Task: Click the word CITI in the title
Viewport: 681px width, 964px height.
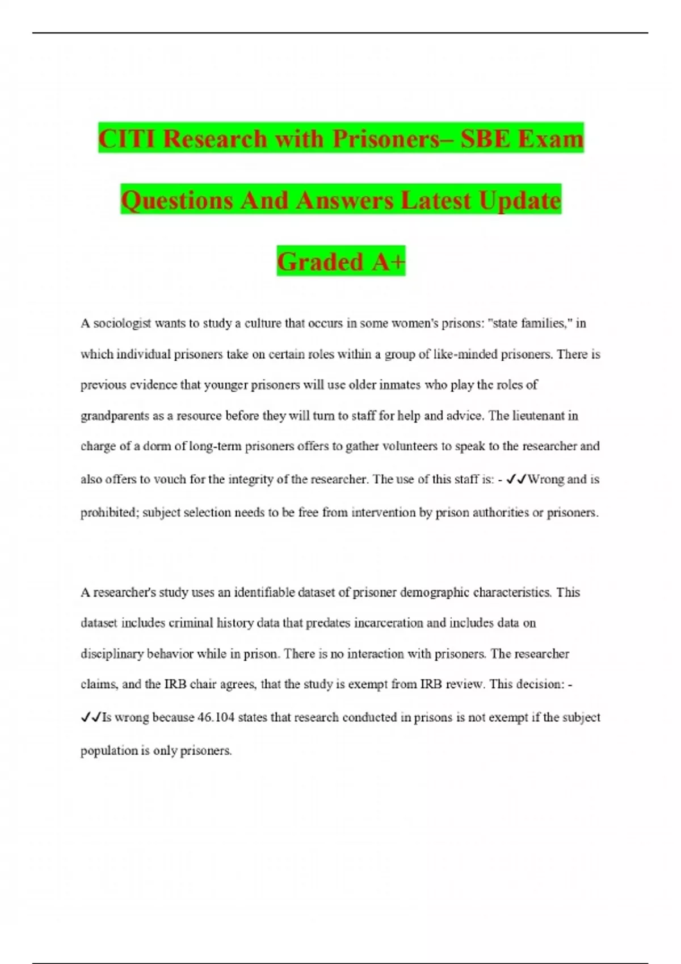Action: click(127, 138)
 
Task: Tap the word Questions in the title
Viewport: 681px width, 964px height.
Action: click(176, 200)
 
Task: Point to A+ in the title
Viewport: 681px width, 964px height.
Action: click(389, 261)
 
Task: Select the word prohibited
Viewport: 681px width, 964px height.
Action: click(109, 513)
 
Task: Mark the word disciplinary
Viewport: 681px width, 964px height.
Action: click(112, 654)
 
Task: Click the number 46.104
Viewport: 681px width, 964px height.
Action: click(216, 717)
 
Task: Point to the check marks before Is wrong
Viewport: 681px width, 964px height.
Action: click(91, 718)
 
